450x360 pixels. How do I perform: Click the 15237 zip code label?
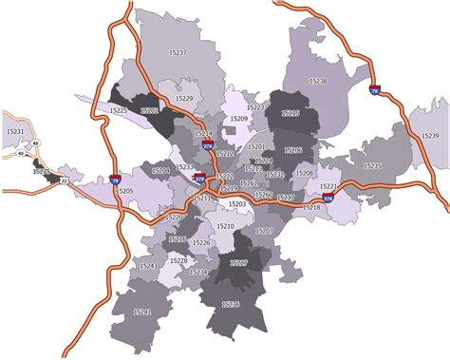[178, 52]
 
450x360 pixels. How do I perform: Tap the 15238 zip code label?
[318, 82]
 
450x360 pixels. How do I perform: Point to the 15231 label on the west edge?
[15, 130]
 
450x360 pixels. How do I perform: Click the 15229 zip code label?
[184, 98]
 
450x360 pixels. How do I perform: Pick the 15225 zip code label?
[119, 110]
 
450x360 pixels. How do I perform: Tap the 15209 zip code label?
[239, 119]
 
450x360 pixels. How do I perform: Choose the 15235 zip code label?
[372, 165]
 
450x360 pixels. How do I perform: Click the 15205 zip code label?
[124, 190]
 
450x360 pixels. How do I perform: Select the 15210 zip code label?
[225, 226]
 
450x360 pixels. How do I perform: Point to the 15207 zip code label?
[265, 232]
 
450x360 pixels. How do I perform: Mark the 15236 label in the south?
[231, 304]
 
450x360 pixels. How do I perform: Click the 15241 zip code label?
[143, 312]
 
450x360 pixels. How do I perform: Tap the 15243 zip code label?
[148, 266]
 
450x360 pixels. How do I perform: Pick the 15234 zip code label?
[198, 272]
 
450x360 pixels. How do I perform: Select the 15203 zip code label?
[237, 204]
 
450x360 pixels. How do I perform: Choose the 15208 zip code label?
[304, 174]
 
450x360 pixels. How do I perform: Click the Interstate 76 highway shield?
[375, 91]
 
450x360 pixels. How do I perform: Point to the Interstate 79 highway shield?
[115, 178]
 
